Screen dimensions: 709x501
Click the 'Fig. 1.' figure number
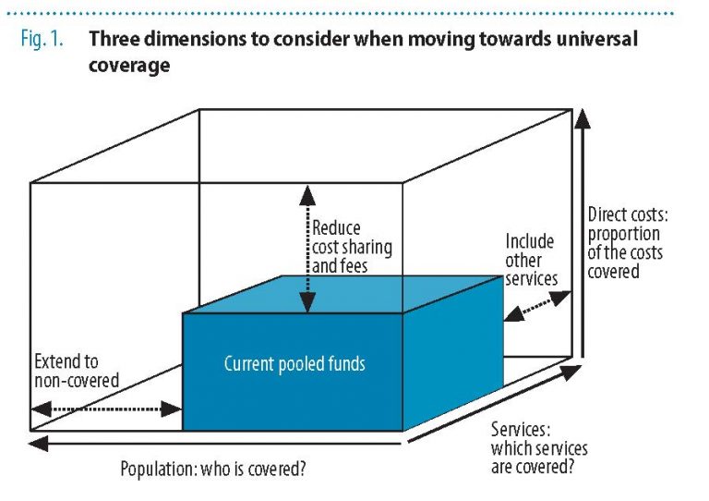click(42, 39)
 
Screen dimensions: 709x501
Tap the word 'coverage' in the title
click(129, 66)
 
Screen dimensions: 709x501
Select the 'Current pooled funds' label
click(294, 364)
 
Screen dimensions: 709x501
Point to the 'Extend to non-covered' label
click(77, 371)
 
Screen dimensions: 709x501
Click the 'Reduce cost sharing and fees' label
click(352, 247)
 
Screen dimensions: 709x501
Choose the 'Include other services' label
click(532, 260)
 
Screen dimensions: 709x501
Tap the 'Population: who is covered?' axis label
click(212, 469)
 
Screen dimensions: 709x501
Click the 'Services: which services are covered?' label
click(539, 448)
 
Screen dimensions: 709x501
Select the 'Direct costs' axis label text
click(628, 243)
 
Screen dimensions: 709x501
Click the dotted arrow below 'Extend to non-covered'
click(107, 409)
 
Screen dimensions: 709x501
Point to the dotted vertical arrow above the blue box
click(307, 249)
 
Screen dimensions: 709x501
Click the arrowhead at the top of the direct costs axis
click(583, 118)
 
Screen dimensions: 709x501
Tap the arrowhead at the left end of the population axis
click(38, 444)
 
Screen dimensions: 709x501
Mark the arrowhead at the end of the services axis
click(571, 372)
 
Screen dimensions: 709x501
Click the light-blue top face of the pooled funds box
click(342, 294)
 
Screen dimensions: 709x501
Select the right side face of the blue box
click(453, 353)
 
